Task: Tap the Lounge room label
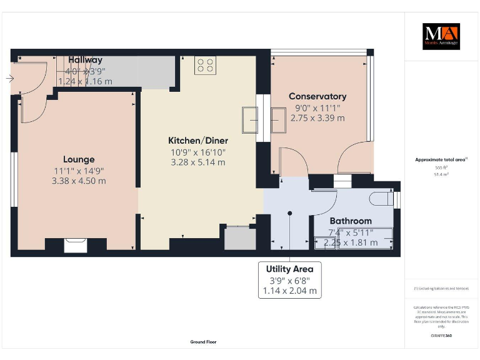coord(79,159)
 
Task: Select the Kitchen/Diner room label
coord(198,141)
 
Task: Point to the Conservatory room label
coord(317,96)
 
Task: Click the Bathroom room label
coord(351,221)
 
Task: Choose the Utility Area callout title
coord(289,269)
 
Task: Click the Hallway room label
coord(86,60)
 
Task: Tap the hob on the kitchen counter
coord(206,66)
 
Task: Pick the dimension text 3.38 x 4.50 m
coord(79,181)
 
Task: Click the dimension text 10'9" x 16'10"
coord(198,152)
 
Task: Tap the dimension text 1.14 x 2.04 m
coord(289,291)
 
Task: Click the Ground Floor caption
coord(203,342)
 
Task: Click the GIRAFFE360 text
coord(441,336)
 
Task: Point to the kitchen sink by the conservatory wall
coord(250,119)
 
